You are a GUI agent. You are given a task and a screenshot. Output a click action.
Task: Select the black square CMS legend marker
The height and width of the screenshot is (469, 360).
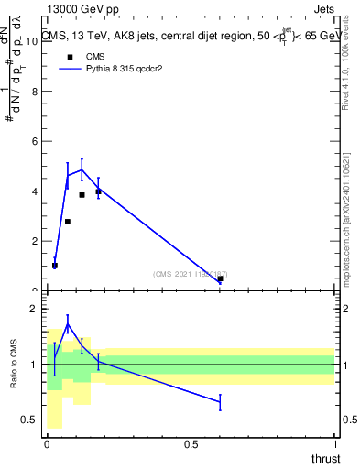pos(70,57)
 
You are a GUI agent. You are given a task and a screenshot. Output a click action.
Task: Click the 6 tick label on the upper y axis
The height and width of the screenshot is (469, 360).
pos(35,142)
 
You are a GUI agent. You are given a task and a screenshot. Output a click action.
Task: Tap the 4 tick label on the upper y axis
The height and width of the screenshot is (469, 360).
pos(35,191)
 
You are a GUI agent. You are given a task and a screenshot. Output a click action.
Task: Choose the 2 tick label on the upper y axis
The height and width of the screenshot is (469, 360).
pos(35,242)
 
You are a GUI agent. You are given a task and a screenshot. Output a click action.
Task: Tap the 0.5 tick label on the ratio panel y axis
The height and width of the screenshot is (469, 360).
pos(29,420)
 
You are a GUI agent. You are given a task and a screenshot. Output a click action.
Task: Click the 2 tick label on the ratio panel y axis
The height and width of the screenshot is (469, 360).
pos(35,310)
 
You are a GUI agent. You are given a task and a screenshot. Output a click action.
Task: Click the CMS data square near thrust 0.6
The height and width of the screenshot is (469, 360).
pos(220,278)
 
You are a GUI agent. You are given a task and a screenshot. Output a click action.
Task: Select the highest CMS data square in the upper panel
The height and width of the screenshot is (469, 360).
pos(98,191)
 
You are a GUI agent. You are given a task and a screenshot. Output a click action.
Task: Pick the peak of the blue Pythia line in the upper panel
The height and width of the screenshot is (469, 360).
pos(82,169)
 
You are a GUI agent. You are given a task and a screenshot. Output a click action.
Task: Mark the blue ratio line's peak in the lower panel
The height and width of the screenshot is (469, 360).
pos(68,323)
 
